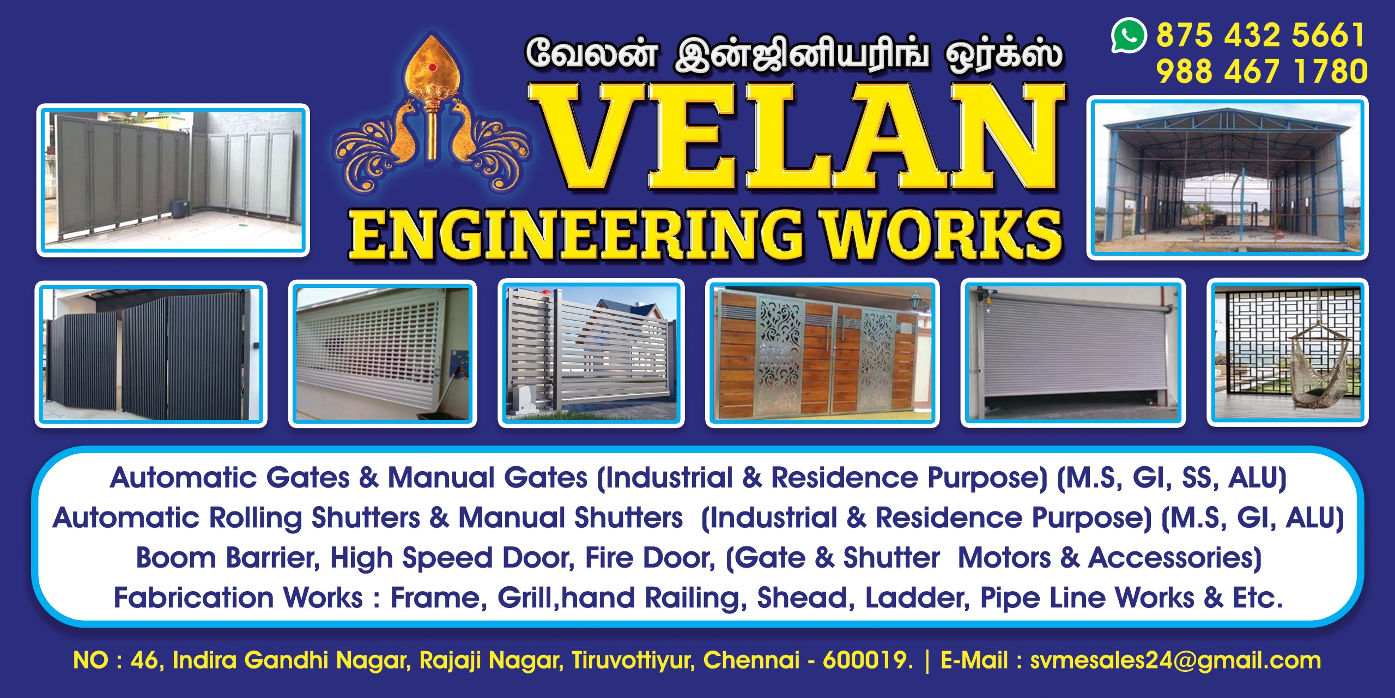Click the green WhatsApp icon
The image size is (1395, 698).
pos(1129,36)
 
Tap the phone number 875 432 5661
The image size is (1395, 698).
pos(1260,35)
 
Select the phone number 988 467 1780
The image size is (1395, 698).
pos(1261,71)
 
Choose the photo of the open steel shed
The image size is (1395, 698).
pos(1227,178)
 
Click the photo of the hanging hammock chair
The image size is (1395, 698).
pos(1287,353)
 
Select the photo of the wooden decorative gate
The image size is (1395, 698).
pos(822,353)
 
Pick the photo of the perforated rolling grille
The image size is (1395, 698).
pos(383,354)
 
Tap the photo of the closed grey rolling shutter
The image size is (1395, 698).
pos(1073,353)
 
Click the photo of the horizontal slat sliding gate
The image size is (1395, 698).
pos(591,353)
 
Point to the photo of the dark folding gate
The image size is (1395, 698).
pos(151,354)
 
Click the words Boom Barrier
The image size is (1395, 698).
pos(228,558)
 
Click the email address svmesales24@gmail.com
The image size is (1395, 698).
pos(1175,660)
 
